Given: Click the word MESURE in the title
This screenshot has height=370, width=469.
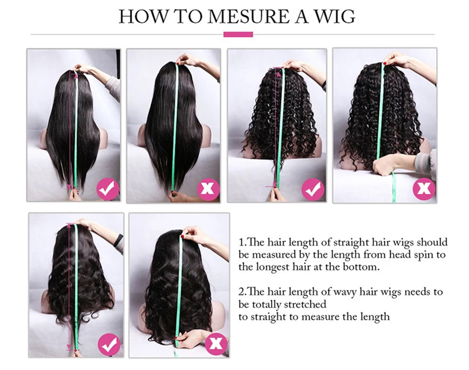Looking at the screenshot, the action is (249, 17).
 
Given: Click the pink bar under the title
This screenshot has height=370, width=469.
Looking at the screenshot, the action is (238, 34).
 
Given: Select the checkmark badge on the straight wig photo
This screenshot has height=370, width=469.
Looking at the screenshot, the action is (107, 189).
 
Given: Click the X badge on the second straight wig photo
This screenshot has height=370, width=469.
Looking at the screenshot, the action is (208, 189).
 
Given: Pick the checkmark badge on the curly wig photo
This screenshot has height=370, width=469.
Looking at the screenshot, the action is (313, 189).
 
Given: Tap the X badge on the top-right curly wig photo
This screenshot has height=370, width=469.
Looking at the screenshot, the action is (424, 188).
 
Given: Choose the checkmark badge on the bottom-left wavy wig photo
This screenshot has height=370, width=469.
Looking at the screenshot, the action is (109, 345).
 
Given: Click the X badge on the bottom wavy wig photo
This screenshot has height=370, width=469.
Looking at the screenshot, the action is (215, 344).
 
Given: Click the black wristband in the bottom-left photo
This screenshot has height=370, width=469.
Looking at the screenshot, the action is (119, 240).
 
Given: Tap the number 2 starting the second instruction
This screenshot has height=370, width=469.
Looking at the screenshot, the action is (241, 291).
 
